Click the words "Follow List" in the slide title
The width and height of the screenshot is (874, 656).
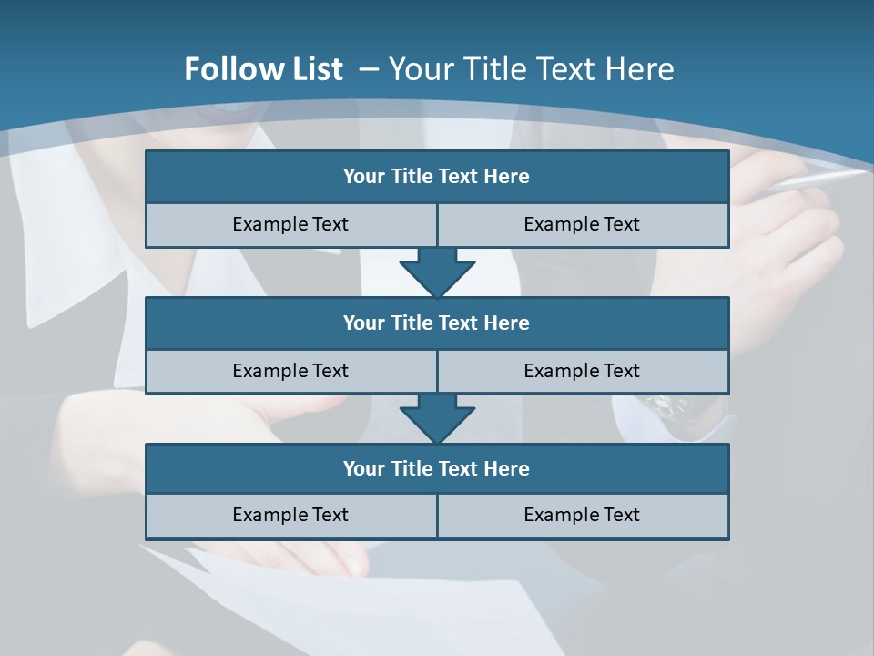[x=263, y=69]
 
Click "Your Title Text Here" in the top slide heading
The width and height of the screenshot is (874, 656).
[x=532, y=69]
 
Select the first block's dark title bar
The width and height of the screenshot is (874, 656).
[x=437, y=177]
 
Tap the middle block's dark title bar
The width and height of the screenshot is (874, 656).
[x=437, y=323]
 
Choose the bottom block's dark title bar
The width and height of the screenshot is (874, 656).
[x=437, y=468]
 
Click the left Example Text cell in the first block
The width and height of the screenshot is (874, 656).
[x=290, y=224]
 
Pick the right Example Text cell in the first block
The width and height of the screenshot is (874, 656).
[x=582, y=224]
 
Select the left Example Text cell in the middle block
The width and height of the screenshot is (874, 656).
[x=290, y=371]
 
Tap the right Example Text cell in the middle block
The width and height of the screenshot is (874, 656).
[x=582, y=371]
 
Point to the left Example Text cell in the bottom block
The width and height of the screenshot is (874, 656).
[x=290, y=515]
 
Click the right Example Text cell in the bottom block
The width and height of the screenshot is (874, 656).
[x=582, y=515]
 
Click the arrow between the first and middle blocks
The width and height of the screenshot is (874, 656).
[x=437, y=271]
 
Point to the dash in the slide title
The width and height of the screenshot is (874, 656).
[x=370, y=69]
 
